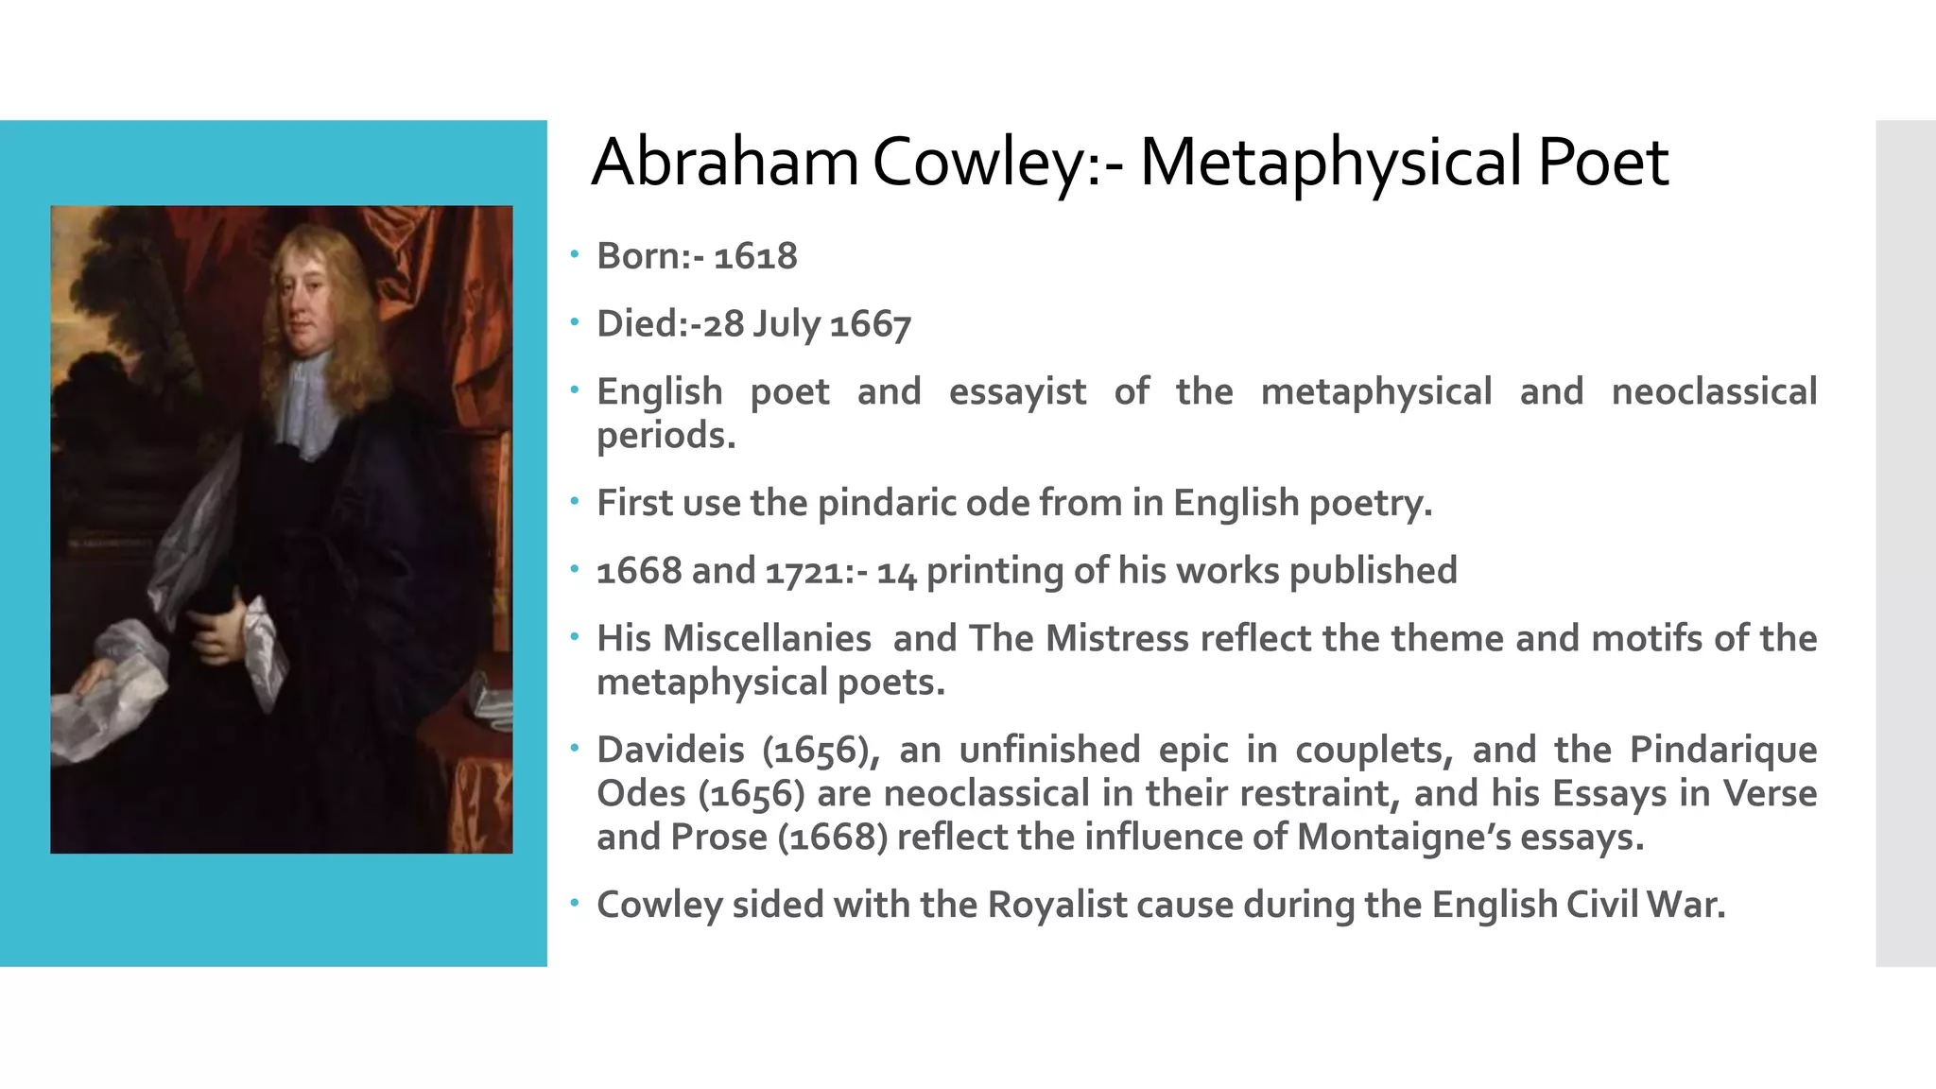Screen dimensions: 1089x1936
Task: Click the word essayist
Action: [x=1017, y=391]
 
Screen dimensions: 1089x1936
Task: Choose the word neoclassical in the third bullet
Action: [x=1714, y=391]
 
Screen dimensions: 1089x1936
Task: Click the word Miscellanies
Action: [x=767, y=639]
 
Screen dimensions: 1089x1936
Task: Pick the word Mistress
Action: [x=1116, y=639]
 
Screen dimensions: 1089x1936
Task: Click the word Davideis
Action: [x=670, y=750]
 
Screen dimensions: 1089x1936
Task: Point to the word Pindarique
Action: [x=1722, y=750]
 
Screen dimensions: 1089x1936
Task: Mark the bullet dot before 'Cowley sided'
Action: [x=574, y=903]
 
